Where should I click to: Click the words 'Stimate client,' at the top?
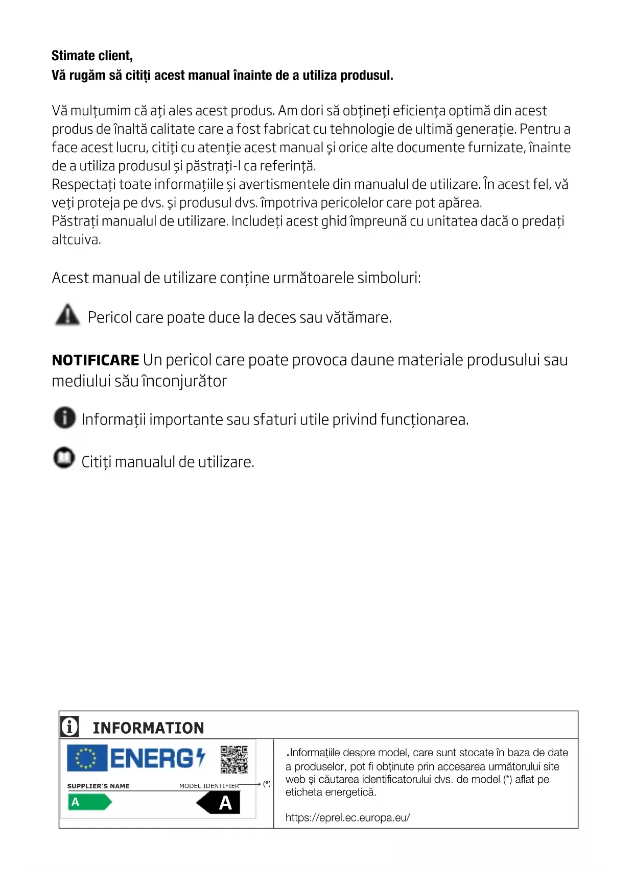[x=92, y=56]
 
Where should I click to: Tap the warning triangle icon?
[x=67, y=314]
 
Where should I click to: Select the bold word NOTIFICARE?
[x=96, y=360]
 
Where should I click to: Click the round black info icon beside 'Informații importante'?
[x=64, y=417]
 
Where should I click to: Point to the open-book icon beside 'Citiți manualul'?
[x=64, y=457]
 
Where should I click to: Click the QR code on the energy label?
[x=234, y=759]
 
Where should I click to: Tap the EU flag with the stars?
[x=87, y=758]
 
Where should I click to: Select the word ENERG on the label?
[x=152, y=758]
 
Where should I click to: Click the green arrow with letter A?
[x=89, y=802]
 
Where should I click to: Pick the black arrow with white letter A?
[x=219, y=803]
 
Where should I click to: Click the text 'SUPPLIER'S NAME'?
[x=98, y=786]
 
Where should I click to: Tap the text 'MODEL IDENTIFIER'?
[x=209, y=786]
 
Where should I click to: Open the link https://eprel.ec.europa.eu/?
[x=347, y=817]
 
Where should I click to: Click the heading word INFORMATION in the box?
[x=148, y=728]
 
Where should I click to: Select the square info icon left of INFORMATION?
[x=69, y=726]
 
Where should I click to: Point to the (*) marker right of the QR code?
[x=267, y=784]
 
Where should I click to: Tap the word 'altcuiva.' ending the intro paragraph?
[x=76, y=239]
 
